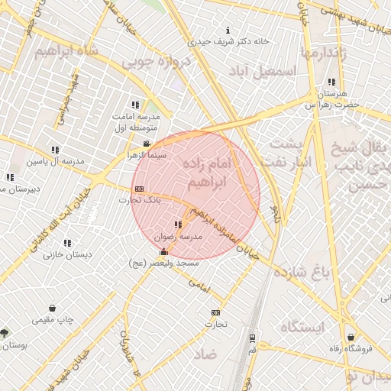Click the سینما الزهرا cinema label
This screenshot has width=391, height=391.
147,155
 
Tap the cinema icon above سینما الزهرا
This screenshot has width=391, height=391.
147,144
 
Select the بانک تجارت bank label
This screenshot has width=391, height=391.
135,200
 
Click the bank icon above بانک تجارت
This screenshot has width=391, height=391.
138,189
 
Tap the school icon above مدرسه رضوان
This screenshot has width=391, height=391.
178,225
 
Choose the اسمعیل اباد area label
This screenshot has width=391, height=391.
267,69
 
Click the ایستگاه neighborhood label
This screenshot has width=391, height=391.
302,327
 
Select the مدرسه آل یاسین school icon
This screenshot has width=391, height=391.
54,150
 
